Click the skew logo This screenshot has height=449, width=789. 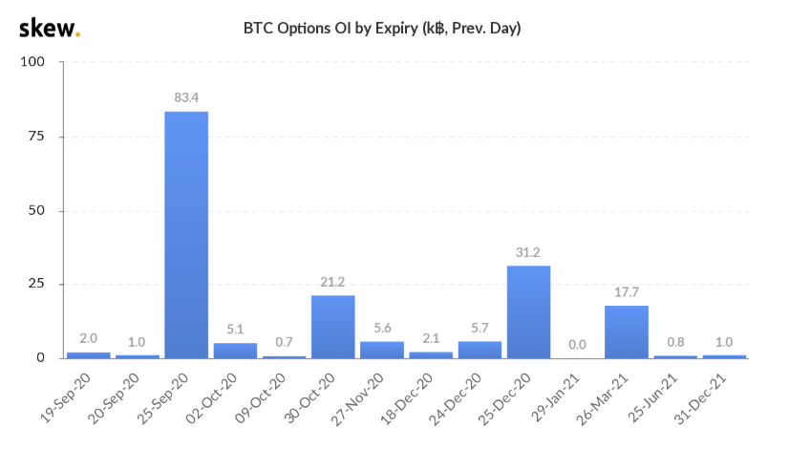pyautogui.click(x=50, y=29)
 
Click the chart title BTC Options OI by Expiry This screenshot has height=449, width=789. pyautogui.click(x=382, y=29)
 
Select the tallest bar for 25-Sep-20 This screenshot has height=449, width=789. pyautogui.click(x=186, y=234)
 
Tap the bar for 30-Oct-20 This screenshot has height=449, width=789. pyautogui.click(x=332, y=327)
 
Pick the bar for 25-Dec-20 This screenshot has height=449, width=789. pyautogui.click(x=528, y=311)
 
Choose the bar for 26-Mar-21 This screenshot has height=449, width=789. pyautogui.click(x=626, y=331)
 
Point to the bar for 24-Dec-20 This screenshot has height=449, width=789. pyautogui.click(x=480, y=350)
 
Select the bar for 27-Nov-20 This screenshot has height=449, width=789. pyautogui.click(x=382, y=350)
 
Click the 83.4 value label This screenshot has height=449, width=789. pyautogui.click(x=186, y=97)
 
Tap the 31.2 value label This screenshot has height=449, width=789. pyautogui.click(x=528, y=252)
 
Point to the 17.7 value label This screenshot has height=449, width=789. pyautogui.click(x=626, y=292)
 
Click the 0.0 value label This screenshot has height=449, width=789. pyautogui.click(x=577, y=344)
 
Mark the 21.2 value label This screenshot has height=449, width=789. pyautogui.click(x=332, y=282)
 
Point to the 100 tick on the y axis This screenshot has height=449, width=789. pyautogui.click(x=33, y=62)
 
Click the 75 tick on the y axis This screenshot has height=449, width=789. pyautogui.click(x=37, y=137)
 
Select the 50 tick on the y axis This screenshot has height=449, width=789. pyautogui.click(x=37, y=210)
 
